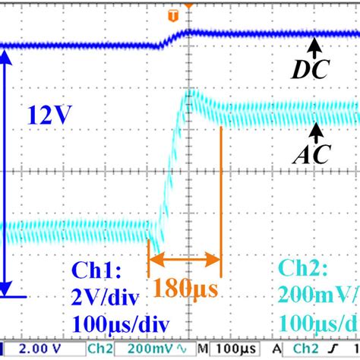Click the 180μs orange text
click(185, 289)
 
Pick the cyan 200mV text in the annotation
click(320, 295)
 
